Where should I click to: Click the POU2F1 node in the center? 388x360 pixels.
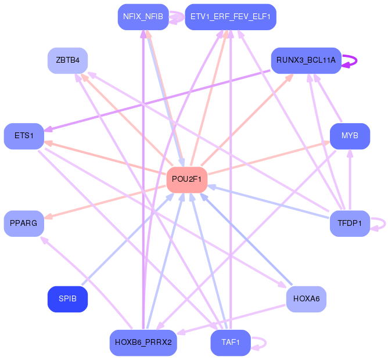pos(186,179)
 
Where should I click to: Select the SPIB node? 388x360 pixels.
pos(67,299)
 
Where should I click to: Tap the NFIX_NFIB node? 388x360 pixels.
pos(143,17)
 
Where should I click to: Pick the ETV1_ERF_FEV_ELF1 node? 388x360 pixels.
pos(230,17)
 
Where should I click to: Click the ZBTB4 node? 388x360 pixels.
pos(67,60)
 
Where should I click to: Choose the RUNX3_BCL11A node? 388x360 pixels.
pos(306,60)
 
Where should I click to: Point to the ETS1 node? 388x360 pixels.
pos(24,136)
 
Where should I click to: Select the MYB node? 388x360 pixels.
pos(350,136)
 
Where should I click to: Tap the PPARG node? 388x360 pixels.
pos(24,224)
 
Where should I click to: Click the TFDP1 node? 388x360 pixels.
pos(350,224)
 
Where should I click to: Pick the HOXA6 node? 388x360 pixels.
pos(306,299)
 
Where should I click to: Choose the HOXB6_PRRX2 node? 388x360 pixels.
pos(143,343)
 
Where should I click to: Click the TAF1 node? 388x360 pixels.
pos(230,343)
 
